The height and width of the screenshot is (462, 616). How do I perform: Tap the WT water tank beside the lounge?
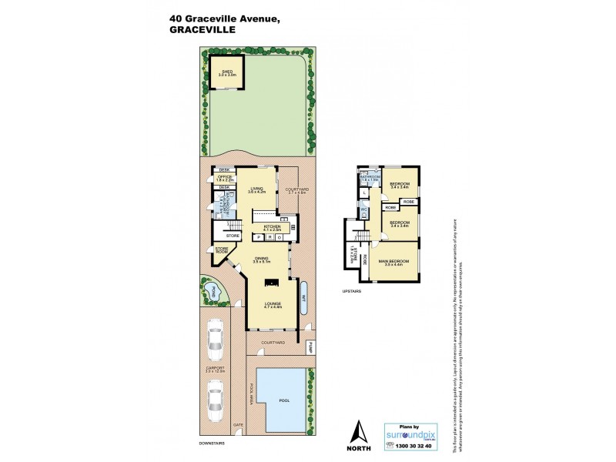click(x=304, y=299)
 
